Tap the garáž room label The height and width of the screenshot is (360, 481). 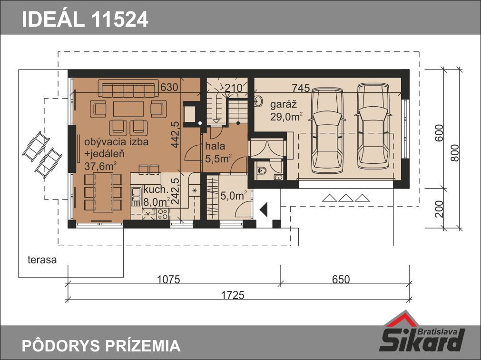click(x=283, y=104)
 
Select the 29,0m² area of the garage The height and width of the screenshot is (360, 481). click(x=286, y=117)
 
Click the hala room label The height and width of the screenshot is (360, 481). click(x=215, y=146)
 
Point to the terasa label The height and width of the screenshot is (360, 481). click(x=42, y=260)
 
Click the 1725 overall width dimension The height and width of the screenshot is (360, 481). click(x=233, y=295)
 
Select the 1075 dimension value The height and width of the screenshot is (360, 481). click(x=168, y=279)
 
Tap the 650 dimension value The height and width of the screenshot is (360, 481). click(x=341, y=279)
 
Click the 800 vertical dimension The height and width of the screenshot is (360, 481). click(x=455, y=153)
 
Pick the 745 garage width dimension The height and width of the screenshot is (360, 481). click(x=301, y=88)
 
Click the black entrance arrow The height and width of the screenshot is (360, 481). click(x=264, y=210)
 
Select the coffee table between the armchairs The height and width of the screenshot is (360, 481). click(x=128, y=109)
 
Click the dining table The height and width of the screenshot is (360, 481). click(x=103, y=192)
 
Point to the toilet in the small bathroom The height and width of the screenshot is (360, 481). click(x=262, y=170)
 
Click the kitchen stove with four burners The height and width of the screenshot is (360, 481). click(x=163, y=214)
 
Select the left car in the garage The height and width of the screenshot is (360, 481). click(x=327, y=130)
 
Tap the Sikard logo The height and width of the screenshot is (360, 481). click(x=422, y=335)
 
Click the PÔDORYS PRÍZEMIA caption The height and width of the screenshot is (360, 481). click(x=101, y=346)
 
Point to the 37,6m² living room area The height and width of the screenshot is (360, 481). click(x=100, y=166)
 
